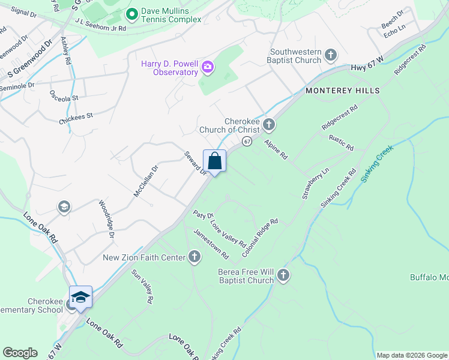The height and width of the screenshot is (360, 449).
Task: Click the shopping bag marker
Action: [215, 161]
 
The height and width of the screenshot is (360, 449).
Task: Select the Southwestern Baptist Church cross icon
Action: [330, 56]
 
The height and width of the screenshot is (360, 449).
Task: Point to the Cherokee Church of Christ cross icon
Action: [269, 125]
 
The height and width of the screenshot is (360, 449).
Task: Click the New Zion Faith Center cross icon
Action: [194, 257]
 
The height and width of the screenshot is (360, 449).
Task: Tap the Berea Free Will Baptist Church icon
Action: [283, 276]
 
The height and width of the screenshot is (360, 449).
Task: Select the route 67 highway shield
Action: [246, 141]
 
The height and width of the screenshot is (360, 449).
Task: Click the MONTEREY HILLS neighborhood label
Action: [343, 91]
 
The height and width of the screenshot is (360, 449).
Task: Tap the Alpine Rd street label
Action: [276, 148]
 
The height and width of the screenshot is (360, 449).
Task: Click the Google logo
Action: [20, 353]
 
